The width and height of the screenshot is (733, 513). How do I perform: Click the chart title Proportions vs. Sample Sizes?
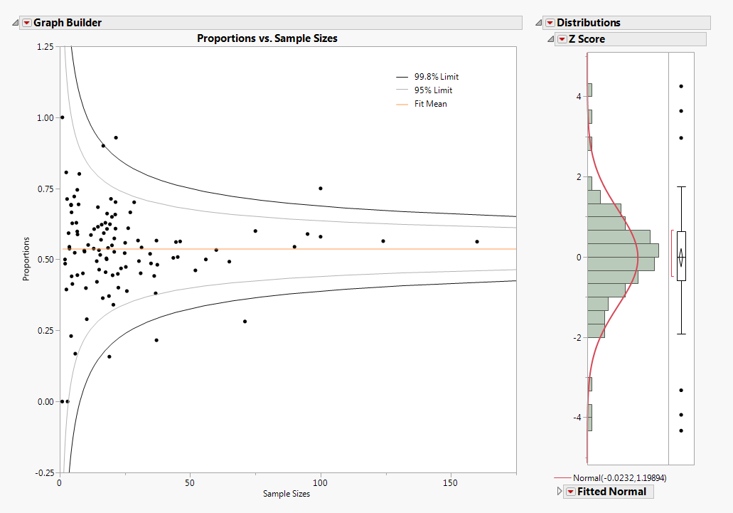click(267, 38)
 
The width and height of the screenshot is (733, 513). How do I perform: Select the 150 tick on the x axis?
click(451, 483)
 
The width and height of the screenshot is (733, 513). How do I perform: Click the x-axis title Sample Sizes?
click(287, 494)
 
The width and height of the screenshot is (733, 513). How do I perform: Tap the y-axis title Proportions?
click(26, 259)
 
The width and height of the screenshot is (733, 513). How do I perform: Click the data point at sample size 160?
click(477, 242)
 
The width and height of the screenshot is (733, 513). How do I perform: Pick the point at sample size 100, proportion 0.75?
click(321, 189)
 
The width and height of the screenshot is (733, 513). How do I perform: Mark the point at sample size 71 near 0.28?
click(245, 322)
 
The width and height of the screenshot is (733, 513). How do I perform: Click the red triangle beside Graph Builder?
click(27, 23)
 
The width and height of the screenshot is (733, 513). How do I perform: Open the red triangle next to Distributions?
click(550, 23)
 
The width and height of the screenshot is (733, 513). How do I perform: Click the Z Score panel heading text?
click(587, 39)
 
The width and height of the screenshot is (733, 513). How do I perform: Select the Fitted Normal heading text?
click(611, 492)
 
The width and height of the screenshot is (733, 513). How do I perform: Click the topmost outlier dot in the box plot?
click(681, 86)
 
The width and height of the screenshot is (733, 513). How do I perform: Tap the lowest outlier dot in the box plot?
click(681, 430)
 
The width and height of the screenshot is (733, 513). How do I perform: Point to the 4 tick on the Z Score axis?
click(579, 96)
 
